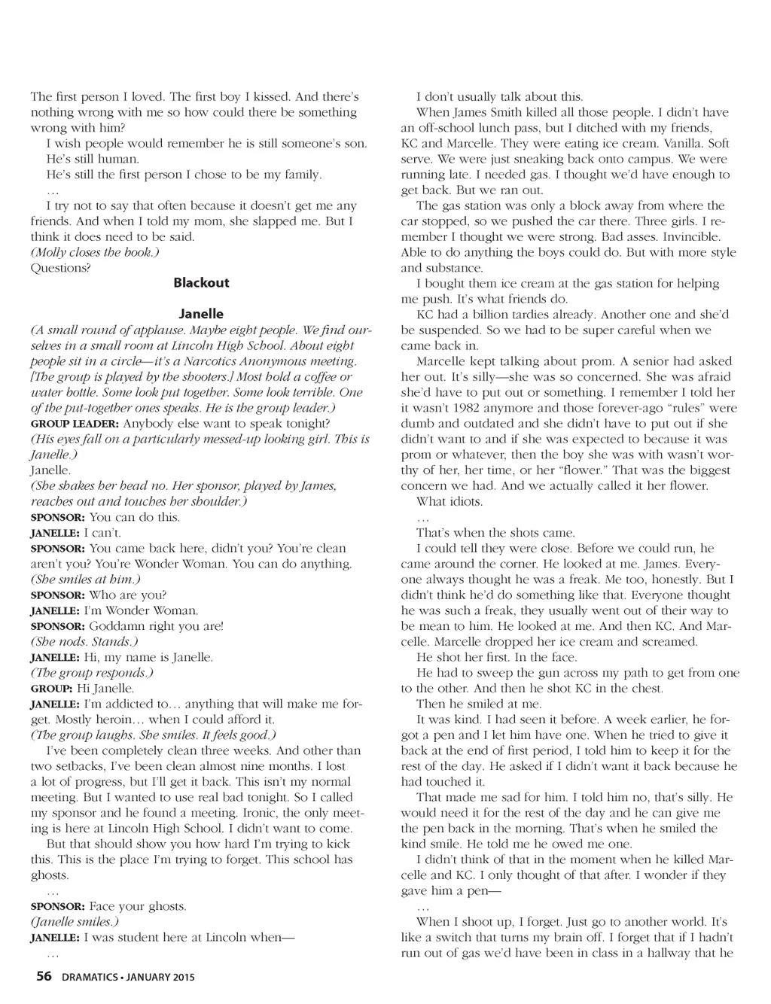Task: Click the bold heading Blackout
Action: click(x=201, y=283)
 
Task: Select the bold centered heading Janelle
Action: click(x=201, y=314)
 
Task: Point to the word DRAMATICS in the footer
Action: click(x=89, y=978)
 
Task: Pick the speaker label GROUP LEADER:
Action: click(x=75, y=424)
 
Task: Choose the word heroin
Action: click(x=100, y=719)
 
